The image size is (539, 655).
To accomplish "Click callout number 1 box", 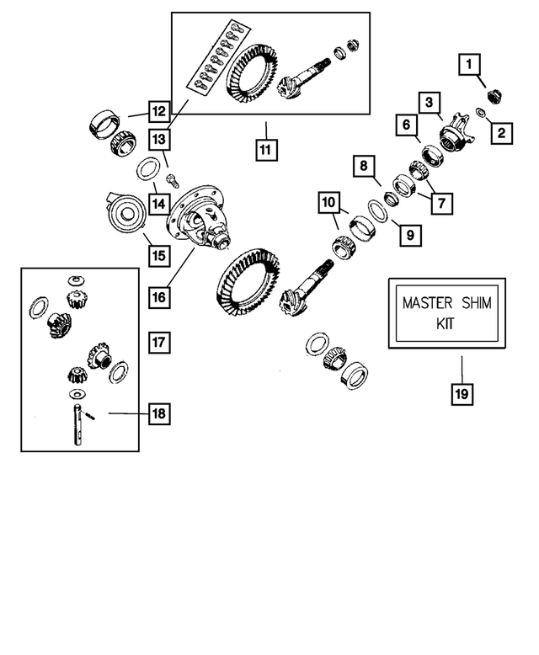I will [469, 62].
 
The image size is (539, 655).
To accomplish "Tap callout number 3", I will [430, 103].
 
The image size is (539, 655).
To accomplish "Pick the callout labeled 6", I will [406, 125].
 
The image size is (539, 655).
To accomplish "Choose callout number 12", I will [158, 110].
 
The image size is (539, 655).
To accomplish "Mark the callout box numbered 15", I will [157, 253].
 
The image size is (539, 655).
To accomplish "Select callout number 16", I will [158, 296].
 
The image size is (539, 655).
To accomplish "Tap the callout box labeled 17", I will [158, 342].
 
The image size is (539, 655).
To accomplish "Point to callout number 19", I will [461, 392].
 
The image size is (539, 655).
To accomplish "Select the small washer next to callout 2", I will [480, 114].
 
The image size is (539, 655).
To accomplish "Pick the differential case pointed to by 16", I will [202, 216].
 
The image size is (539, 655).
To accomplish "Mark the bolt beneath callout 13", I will [173, 178].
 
